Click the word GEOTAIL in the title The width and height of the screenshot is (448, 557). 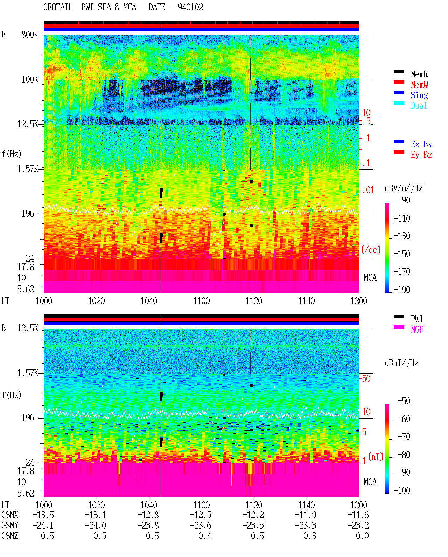[58, 7]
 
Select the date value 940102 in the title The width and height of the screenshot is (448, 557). [190, 7]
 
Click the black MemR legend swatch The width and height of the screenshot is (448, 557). [399, 72]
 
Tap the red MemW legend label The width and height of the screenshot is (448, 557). [419, 85]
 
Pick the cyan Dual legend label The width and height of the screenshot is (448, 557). [419, 106]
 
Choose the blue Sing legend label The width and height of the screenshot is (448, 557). [419, 95]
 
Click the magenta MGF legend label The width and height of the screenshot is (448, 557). [417, 329]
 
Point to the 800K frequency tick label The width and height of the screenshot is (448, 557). [29, 34]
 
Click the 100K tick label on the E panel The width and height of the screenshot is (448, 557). [29, 79]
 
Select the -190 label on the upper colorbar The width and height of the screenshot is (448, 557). [402, 290]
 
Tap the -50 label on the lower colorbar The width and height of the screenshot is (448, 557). [404, 401]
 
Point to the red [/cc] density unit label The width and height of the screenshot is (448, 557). [371, 250]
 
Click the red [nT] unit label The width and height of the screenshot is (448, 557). [376, 457]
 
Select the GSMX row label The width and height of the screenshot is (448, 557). [10, 515]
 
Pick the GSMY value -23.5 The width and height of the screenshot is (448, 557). [253, 526]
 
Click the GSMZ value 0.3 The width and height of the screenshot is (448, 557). [310, 536]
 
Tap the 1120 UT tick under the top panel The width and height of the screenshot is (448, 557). [254, 301]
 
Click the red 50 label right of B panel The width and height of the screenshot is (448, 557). [366, 379]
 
